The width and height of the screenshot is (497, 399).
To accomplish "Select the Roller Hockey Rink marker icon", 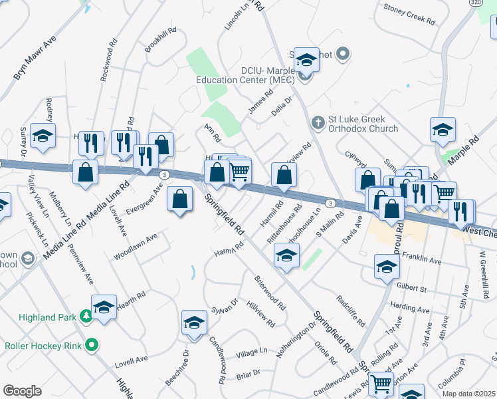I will pos(92,346).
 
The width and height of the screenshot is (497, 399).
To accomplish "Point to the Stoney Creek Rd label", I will pos(410,13).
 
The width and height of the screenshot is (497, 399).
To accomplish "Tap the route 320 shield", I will pos(476,3).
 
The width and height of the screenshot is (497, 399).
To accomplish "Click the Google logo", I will pos(22,390).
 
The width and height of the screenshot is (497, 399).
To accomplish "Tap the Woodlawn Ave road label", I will pos(135,245).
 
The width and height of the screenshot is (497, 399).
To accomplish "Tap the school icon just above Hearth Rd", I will pos(104,307).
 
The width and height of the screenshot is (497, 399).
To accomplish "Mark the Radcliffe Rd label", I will pos(351,311).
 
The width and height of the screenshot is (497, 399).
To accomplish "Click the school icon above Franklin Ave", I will pos(387,267).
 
